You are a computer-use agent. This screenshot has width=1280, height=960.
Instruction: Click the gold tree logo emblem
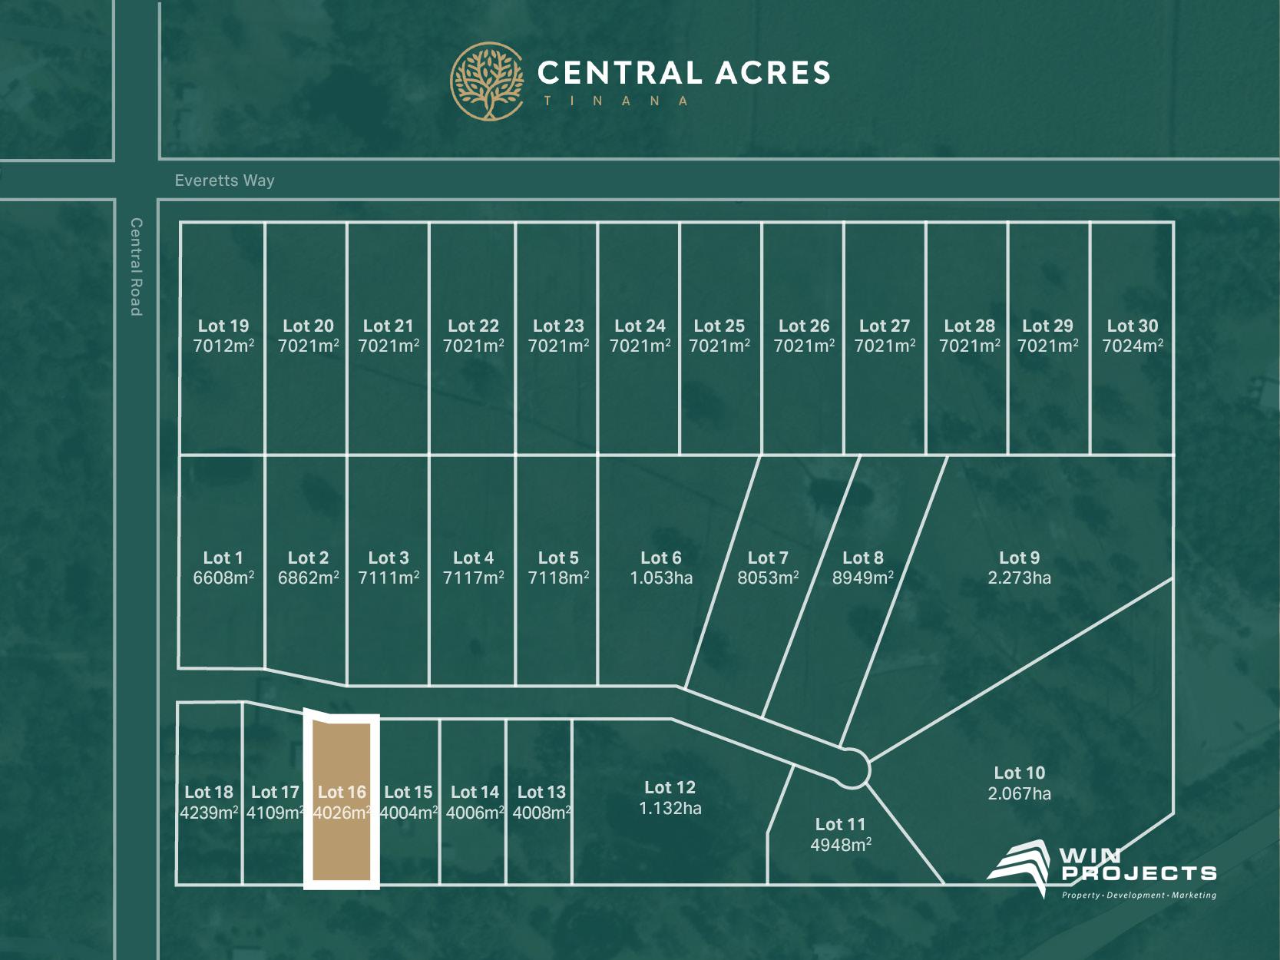[487, 81]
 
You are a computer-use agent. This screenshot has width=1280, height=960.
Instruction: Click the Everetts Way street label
[224, 180]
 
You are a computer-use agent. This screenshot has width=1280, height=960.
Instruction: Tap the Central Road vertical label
[136, 266]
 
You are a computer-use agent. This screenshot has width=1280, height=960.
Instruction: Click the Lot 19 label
[223, 326]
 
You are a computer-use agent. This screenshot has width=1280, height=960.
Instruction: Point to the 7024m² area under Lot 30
[1133, 346]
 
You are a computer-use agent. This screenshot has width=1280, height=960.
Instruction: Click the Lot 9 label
[1019, 558]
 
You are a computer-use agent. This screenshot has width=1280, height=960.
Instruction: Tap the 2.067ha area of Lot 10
[1019, 793]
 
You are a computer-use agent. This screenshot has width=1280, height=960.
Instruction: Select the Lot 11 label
[840, 824]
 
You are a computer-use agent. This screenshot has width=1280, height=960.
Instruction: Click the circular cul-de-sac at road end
[852, 768]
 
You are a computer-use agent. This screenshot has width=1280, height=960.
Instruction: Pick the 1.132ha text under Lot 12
[670, 808]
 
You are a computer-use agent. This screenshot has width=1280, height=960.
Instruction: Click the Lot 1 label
[223, 558]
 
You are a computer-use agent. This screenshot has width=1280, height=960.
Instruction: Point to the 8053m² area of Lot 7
[768, 578]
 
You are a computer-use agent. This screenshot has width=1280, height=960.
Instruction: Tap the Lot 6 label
[661, 558]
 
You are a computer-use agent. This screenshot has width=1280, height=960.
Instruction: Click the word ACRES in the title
[773, 73]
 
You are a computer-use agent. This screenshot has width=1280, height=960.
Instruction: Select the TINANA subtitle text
[616, 101]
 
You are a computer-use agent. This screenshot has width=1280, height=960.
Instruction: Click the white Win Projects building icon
[1019, 866]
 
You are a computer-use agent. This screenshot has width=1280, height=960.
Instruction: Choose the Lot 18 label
[209, 792]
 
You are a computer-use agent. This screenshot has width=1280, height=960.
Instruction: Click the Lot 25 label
[719, 326]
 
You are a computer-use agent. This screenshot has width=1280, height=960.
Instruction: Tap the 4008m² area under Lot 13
[541, 813]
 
